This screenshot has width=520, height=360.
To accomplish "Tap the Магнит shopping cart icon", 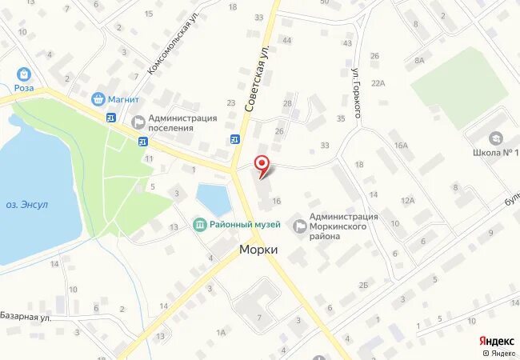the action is click(x=98, y=99).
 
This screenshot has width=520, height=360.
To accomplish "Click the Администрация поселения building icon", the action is click(x=137, y=122).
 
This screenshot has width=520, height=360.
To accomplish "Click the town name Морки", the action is click(x=259, y=250).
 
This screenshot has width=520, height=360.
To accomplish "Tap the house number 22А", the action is click(x=378, y=82).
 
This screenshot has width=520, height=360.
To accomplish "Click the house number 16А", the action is click(x=401, y=145).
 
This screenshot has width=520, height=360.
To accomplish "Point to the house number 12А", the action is click(x=408, y=200).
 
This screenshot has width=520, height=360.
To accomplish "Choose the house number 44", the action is click(x=286, y=40).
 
